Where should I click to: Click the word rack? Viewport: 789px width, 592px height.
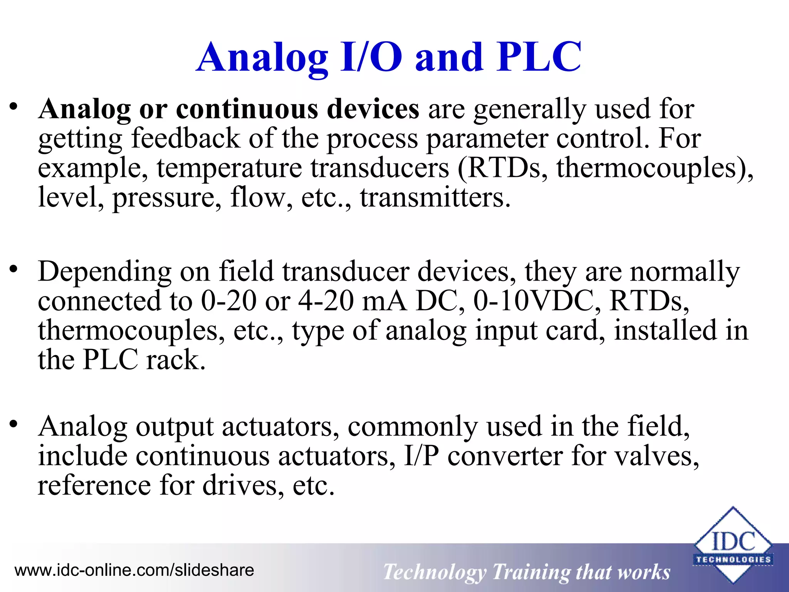click(175, 360)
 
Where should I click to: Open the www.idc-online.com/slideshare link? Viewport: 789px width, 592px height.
click(134, 570)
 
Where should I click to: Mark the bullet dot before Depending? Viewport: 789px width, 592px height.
click(14, 269)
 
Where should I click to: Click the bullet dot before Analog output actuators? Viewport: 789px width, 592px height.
click(14, 424)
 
